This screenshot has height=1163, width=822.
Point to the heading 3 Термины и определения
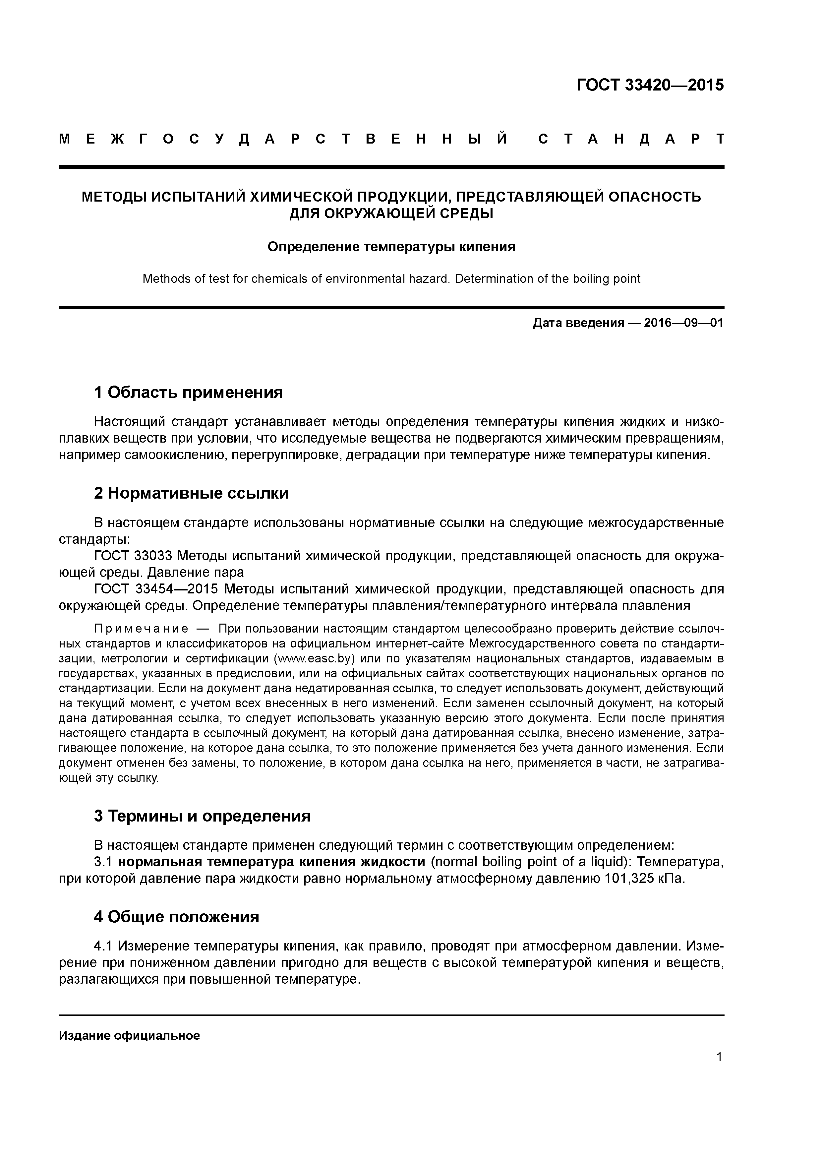point(202,816)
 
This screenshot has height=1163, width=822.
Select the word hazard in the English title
point(430,278)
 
